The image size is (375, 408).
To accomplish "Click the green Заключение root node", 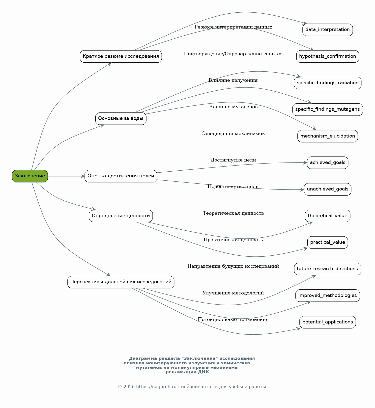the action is (30, 176).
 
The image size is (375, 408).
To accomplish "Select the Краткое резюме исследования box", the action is (121, 56).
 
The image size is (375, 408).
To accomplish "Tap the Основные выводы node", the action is (121, 119).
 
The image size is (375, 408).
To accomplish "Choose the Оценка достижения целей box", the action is (121, 176).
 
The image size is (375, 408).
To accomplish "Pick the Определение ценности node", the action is (121, 216).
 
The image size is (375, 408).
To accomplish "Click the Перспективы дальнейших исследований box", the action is (121, 282).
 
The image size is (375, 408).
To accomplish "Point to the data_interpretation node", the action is (328, 30).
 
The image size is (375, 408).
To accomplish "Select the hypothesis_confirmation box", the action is (328, 56).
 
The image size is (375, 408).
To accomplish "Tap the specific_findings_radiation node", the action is (328, 83).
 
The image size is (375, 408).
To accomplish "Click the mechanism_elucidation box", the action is (328, 136).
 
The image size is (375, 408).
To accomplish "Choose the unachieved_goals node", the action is (328, 189).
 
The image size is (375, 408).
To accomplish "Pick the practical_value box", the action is (328, 242).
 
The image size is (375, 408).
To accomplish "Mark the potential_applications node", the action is (328, 322).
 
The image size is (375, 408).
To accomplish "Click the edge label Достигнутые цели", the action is (233, 160).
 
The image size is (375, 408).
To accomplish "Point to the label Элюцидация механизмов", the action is (233, 133).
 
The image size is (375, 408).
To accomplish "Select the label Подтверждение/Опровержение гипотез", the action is (233, 54).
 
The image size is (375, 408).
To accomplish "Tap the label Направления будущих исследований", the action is (233, 266).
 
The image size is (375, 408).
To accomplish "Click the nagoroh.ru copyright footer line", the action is (192, 387).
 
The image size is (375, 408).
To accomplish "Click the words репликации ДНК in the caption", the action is (187, 372).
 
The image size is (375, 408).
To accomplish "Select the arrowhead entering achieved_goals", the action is (305, 163).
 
